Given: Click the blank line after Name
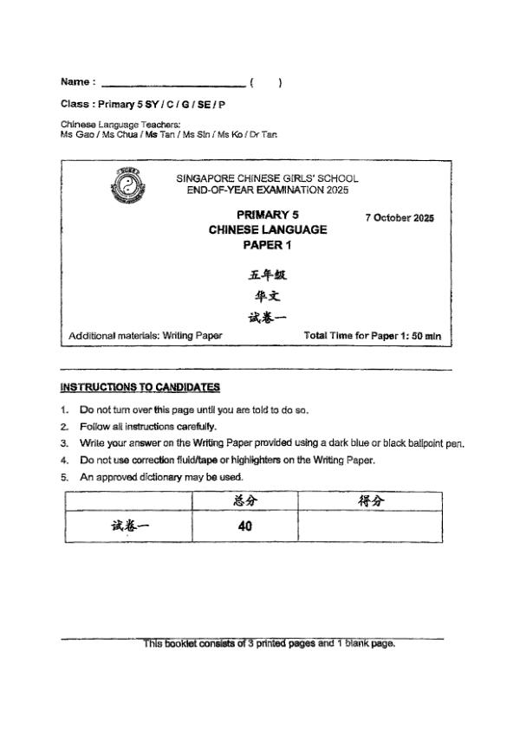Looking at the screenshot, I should [172, 84].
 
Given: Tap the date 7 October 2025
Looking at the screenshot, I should [400, 217].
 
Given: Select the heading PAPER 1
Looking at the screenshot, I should [267, 245].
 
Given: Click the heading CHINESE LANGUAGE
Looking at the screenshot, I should [267, 229].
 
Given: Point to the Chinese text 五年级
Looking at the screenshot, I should [267, 275].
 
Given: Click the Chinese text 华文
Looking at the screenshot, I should [267, 296].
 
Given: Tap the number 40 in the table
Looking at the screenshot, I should [244, 525].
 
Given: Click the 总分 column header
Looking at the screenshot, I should [244, 500].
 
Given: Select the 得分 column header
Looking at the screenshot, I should [372, 500].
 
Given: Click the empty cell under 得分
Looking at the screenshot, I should [372, 525].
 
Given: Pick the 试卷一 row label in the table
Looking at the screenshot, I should [129, 525].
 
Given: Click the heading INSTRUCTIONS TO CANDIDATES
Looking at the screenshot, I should [140, 387].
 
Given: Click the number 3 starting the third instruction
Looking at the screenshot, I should [64, 443].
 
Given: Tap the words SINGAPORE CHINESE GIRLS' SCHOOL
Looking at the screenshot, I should [267, 178].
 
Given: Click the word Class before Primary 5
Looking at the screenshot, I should [76, 104].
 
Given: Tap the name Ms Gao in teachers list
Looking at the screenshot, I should [73, 135].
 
